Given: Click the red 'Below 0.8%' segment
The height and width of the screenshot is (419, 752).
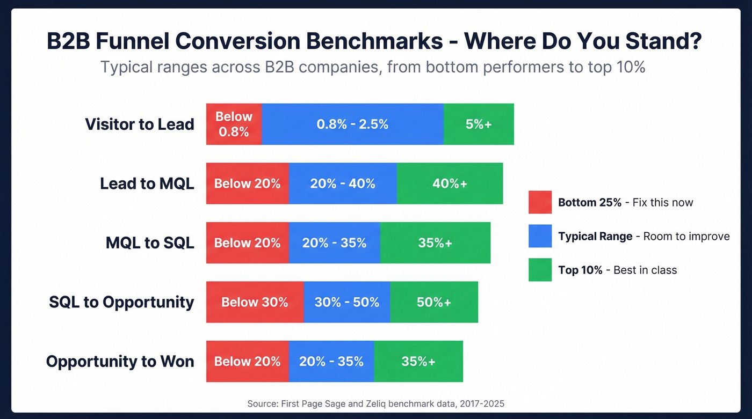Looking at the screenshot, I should pos(234,124).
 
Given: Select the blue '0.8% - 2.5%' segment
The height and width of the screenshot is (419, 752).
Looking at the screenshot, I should pos(352,124).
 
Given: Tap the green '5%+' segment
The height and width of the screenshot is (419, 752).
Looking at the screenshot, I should pos(479,124).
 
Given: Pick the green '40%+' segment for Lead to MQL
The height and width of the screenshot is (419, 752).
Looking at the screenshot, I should pos(450,183).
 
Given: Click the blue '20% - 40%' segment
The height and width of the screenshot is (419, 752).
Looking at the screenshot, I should pos(343,183).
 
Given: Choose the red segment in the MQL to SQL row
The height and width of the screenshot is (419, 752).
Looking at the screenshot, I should pos(247,242).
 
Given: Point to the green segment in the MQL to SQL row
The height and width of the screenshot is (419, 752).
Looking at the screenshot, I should pos(435,242).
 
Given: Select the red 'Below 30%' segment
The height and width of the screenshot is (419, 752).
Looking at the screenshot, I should pos(255,302).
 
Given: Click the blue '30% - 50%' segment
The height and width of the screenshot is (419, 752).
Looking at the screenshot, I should pos(347,302).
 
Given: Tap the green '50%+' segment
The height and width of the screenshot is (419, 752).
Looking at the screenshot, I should pos(434,302).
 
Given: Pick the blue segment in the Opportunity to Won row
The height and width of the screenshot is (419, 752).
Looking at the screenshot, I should pos(331,362).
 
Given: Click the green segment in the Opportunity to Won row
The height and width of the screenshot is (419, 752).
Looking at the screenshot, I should pos(418,362).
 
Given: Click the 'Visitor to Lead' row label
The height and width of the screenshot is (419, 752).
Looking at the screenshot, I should pos(140,124).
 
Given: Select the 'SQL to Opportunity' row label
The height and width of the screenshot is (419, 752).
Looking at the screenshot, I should pos(121,302).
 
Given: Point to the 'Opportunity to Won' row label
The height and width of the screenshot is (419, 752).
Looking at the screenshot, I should pos(120,362).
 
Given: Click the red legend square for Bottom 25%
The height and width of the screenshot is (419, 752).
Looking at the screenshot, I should pos(540,202).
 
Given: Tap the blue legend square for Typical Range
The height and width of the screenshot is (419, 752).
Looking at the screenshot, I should pos(540,236).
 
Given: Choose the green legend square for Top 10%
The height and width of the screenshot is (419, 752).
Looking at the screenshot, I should pos(540,270).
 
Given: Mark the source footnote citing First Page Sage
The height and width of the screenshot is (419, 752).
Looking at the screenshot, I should pos(375,403).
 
